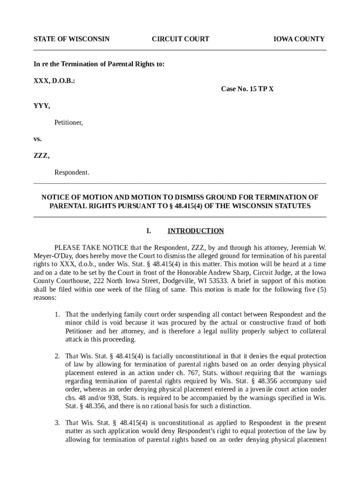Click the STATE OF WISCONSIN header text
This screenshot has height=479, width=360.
[71, 39]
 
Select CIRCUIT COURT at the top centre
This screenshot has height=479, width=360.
[180, 39]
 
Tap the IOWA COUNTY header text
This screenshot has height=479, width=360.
[299, 39]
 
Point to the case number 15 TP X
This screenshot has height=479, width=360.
[247, 88]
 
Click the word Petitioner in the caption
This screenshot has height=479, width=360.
[68, 123]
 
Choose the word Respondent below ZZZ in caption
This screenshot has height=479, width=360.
[72, 173]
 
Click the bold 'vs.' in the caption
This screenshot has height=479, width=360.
[37, 139]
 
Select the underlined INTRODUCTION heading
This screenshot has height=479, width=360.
[196, 231]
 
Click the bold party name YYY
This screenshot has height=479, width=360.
[42, 106]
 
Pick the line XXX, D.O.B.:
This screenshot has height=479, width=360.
[54, 80]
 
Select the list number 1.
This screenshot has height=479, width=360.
[57, 314]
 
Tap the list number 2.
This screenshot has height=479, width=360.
[57, 356]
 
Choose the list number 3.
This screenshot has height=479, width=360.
[57, 423]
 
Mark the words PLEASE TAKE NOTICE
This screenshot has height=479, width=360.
[91, 247]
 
